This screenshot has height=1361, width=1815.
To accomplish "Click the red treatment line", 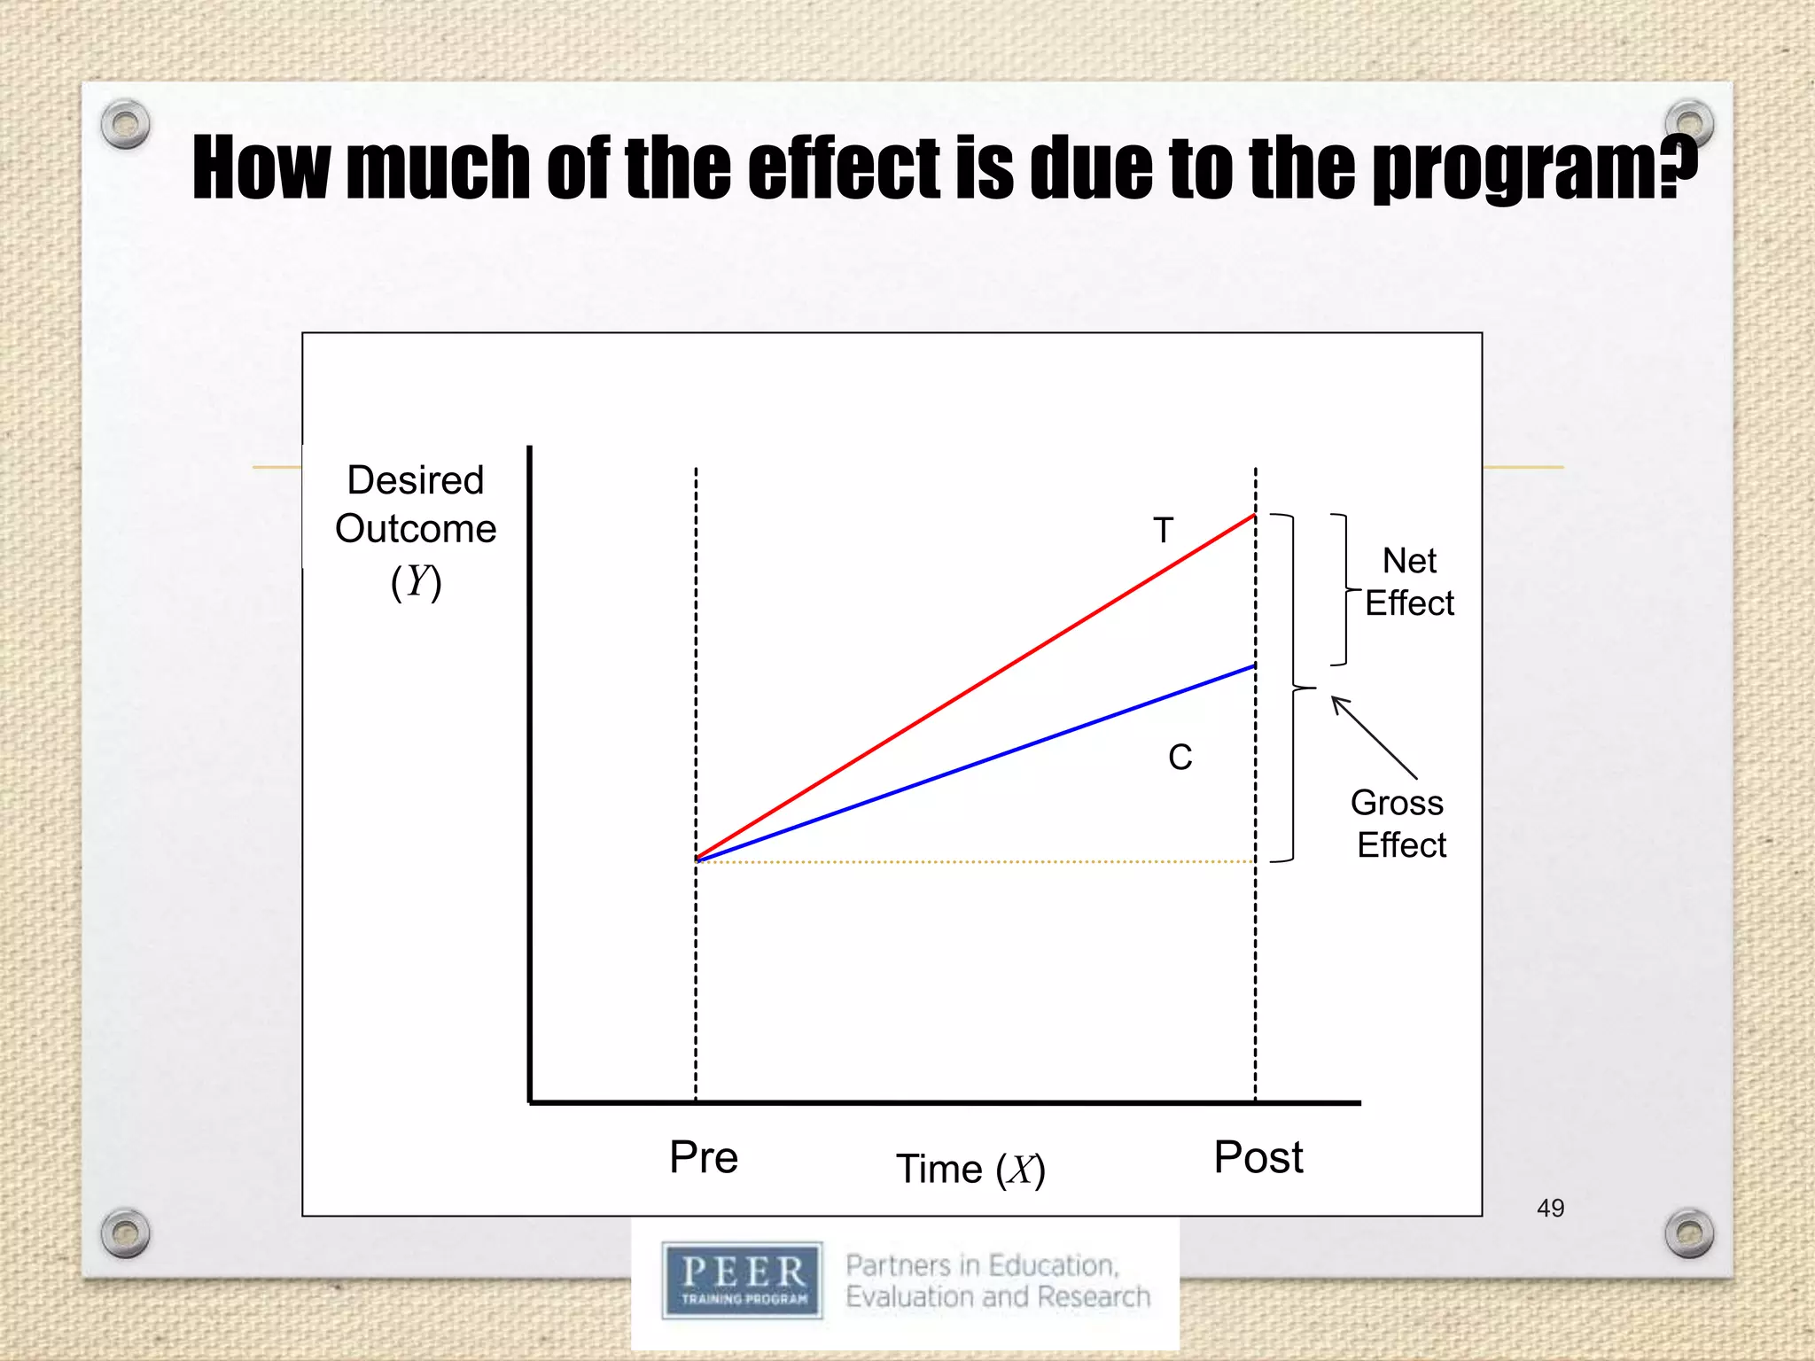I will tap(975, 688).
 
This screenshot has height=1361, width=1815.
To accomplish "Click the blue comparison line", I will tap(975, 763).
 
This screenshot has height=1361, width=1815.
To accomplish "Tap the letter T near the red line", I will tap(1163, 531).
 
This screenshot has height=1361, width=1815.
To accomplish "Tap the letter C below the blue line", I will tap(1180, 758).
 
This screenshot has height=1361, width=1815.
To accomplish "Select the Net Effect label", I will tap(1409, 582).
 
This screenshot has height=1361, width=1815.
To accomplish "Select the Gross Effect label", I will tap(1399, 824).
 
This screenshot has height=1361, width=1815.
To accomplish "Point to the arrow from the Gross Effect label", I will tap(1374, 737).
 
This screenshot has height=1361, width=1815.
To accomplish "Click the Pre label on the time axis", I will tap(704, 1157).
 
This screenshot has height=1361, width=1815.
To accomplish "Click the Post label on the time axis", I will tap(1258, 1157).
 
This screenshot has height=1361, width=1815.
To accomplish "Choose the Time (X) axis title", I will tap(970, 1170).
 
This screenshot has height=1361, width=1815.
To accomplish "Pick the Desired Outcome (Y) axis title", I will tap(416, 530).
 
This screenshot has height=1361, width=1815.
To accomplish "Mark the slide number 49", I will tap(1550, 1208).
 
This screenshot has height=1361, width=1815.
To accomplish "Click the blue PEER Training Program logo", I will tap(743, 1280).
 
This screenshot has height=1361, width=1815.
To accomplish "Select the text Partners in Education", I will tap(982, 1265).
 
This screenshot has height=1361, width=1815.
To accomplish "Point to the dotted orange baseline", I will tap(975, 861).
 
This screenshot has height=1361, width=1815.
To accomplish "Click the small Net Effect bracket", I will tap(1344, 589).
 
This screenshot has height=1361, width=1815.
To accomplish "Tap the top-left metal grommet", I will tap(125, 124).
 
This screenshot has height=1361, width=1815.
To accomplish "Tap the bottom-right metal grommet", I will tap(1689, 1233).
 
